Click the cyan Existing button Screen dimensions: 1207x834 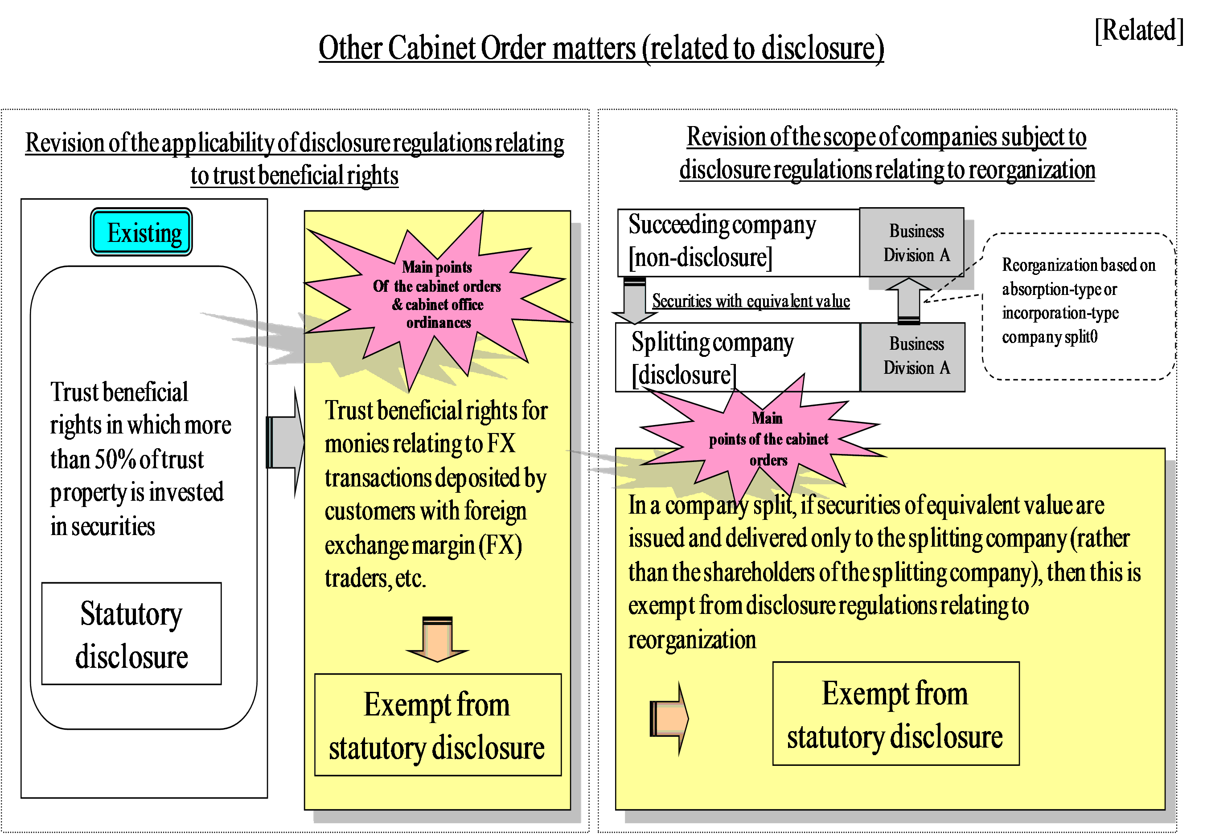[141, 232]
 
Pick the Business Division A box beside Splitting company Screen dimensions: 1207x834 [913, 357]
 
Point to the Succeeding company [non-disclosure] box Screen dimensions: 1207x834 [739, 242]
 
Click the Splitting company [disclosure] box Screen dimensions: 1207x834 [738, 357]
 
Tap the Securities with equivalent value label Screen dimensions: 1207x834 [751, 301]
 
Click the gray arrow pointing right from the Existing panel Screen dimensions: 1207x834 [285, 442]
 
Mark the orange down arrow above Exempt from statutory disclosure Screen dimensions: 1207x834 [438, 639]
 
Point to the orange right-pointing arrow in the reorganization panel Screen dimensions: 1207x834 [669, 719]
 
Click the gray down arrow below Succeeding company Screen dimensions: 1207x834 [635, 300]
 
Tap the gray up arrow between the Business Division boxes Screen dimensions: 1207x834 [908, 300]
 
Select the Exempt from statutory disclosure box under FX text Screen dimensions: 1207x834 [438, 725]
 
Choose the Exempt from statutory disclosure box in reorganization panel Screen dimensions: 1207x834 [896, 714]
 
